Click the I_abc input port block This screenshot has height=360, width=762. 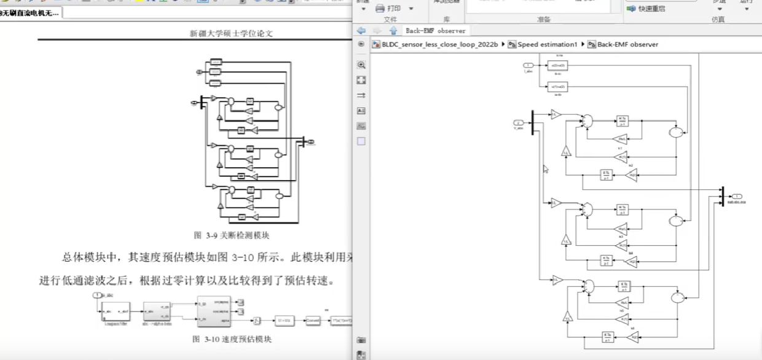(527, 65)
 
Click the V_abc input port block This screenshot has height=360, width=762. (519, 122)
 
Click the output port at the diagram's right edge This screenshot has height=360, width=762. (737, 196)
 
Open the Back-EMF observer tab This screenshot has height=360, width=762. (436, 31)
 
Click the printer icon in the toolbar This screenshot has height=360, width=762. (380, 9)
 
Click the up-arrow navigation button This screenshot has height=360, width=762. (392, 31)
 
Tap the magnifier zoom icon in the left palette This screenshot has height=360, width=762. (361, 65)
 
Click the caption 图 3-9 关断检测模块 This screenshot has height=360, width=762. (232, 235)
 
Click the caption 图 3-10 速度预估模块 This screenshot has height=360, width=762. (232, 339)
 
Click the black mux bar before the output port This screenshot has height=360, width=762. (723, 196)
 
